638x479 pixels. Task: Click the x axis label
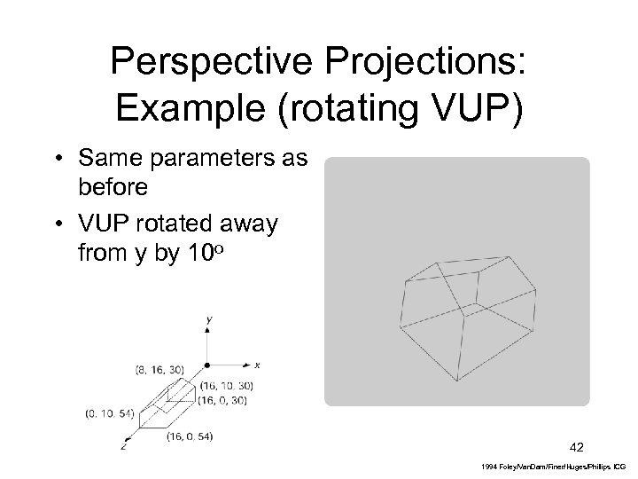click(257, 364)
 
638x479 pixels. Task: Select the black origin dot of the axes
click(206, 365)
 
